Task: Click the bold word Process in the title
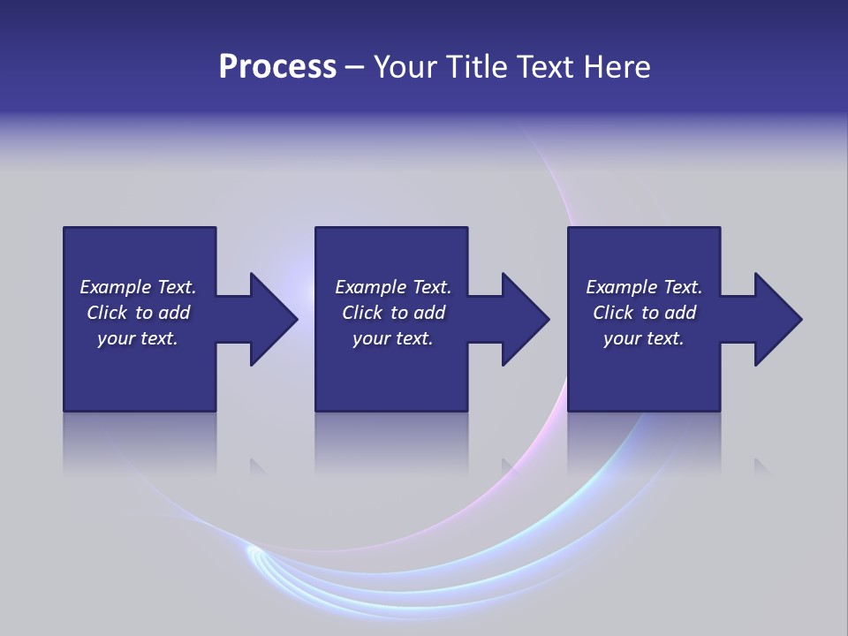[x=277, y=67]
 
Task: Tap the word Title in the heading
[x=477, y=67]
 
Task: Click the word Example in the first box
[x=116, y=287]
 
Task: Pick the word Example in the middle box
[x=371, y=287]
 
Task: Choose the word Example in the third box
[x=622, y=287]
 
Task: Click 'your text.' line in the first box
[x=138, y=338]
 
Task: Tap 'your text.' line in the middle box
[x=393, y=338]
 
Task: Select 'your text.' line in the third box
[x=644, y=338]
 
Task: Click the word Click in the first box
[x=108, y=313]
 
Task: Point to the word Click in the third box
[x=614, y=313]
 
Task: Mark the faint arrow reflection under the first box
[x=259, y=466]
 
